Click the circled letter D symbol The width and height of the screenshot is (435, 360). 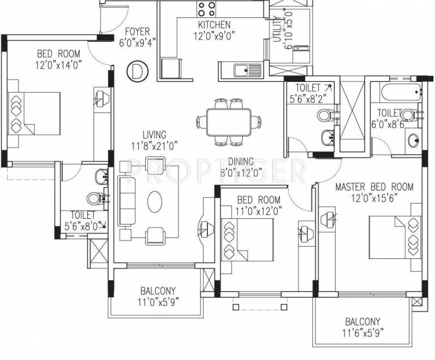(137, 71)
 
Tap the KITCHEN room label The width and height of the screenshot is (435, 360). (214, 25)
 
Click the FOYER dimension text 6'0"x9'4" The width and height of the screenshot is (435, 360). (137, 43)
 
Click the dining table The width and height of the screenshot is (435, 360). (229, 122)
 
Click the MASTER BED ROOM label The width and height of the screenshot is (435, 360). (374, 186)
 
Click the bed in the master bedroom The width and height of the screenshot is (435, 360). (395, 237)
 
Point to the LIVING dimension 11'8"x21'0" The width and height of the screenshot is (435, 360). (154, 146)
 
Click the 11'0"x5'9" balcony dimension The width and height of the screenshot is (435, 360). (158, 302)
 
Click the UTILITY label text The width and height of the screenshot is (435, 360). (277, 29)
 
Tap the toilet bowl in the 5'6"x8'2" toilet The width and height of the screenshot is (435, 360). (325, 114)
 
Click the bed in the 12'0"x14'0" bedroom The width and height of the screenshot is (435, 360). (34, 114)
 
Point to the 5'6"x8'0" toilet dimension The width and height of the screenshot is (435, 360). (81, 226)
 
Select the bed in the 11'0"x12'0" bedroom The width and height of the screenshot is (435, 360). (247, 240)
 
